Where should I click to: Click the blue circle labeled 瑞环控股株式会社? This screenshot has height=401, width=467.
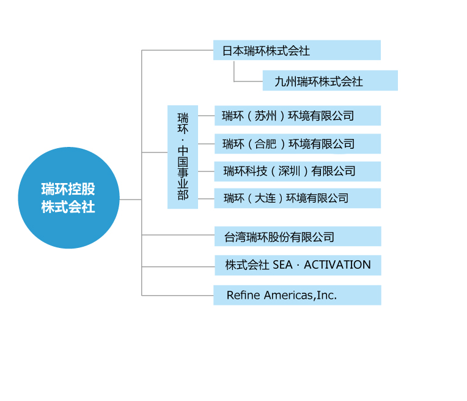pyautogui.click(x=68, y=198)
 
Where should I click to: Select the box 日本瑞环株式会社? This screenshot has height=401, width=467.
pyautogui.click(x=297, y=50)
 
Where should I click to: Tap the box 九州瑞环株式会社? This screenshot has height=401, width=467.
pyautogui.click(x=330, y=81)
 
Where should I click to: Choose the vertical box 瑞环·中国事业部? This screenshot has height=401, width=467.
pyautogui.click(x=183, y=157)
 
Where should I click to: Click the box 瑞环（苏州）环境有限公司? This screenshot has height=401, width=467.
pyautogui.click(x=298, y=116)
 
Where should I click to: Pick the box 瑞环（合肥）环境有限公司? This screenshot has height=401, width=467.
pyautogui.click(x=298, y=144)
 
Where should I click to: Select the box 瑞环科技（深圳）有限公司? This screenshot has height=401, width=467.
pyautogui.click(x=298, y=171)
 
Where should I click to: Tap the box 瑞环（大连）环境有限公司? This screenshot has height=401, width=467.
pyautogui.click(x=298, y=198)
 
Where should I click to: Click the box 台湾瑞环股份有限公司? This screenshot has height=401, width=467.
pyautogui.click(x=298, y=236)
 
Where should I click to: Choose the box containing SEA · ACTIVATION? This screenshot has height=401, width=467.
pyautogui.click(x=298, y=265)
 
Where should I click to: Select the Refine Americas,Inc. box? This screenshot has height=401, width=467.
pyautogui.click(x=297, y=295)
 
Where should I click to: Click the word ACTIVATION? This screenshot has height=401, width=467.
pyautogui.click(x=337, y=264)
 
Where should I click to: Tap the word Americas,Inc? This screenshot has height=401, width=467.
pyautogui.click(x=301, y=295)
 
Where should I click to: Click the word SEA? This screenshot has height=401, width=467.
pyautogui.click(x=282, y=264)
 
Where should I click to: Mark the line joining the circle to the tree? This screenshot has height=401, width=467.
pyautogui.click(x=130, y=200)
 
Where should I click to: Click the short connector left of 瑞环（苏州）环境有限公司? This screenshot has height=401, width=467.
pyautogui.click(x=207, y=116)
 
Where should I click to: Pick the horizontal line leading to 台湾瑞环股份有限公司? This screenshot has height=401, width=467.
pyautogui.click(x=178, y=235)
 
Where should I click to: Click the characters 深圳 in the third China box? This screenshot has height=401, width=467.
pyautogui.click(x=289, y=171)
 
